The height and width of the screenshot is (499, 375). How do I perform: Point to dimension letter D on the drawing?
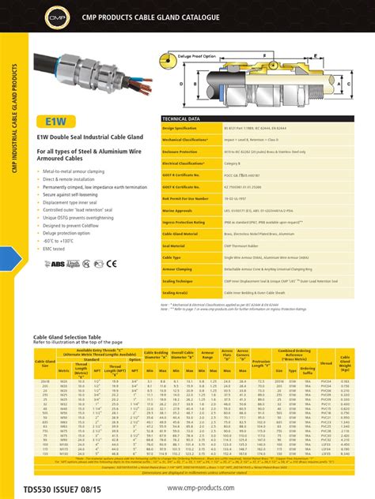pyautogui.click(x=183, y=82)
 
